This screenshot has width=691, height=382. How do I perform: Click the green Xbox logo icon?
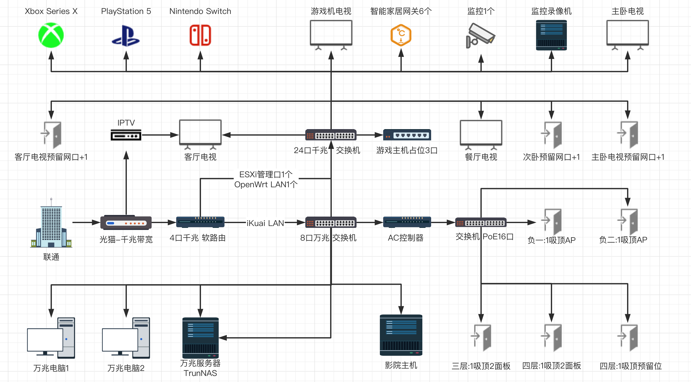(x=51, y=35)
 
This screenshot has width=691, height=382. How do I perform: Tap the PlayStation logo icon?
(x=126, y=36)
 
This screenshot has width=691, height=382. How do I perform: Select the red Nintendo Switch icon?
(x=200, y=35)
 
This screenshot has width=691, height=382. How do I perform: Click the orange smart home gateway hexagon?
(x=401, y=35)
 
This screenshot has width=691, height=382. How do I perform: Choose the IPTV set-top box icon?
(x=126, y=135)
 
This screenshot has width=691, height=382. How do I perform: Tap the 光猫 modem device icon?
(x=126, y=222)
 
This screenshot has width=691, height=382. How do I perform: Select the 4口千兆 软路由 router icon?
(x=200, y=222)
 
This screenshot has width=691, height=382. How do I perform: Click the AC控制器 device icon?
(x=407, y=222)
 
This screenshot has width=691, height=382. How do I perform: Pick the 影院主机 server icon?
(x=401, y=335)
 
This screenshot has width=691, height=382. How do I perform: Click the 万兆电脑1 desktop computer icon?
(x=51, y=338)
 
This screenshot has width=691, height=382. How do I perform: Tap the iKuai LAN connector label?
(x=265, y=223)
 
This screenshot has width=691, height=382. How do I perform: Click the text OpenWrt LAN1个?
(x=266, y=185)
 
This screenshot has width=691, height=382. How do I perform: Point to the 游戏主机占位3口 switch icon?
(x=407, y=135)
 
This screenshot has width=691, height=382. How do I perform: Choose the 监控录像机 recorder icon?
(x=551, y=35)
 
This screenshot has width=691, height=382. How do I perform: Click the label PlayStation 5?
(x=126, y=11)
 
